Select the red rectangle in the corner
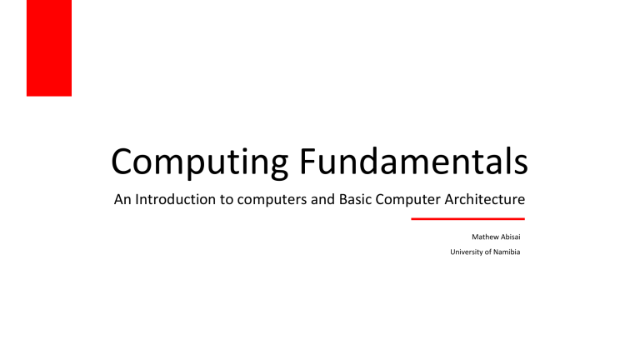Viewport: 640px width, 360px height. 49,47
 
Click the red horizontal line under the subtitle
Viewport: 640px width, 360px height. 467,219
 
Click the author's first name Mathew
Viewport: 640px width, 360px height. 484,237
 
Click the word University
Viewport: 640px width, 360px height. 466,252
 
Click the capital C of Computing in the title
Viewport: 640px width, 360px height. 123,162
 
